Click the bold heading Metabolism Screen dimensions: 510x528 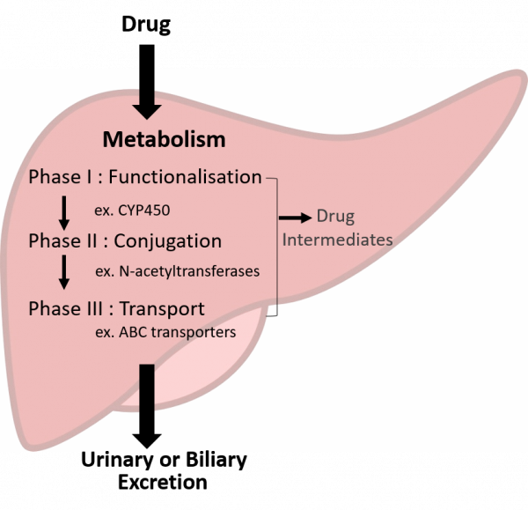[164, 139]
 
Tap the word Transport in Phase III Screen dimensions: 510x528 [162, 309]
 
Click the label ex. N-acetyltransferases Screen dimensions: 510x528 [177, 271]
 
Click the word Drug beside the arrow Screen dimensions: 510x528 [335, 217]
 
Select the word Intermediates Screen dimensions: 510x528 [337, 240]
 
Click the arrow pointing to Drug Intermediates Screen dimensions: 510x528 [295, 217]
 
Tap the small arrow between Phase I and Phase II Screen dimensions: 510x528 [63, 212]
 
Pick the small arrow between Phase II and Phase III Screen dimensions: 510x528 [63, 272]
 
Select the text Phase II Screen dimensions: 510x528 [62, 240]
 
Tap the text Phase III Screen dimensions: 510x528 [65, 309]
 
